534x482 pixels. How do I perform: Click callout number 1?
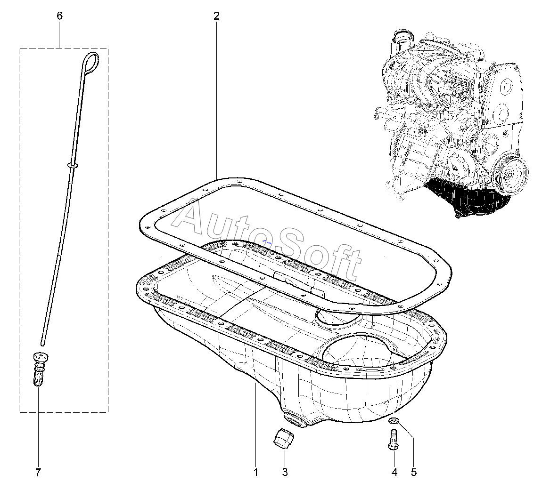click(x=256, y=472)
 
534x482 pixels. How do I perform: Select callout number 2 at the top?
click(x=216, y=16)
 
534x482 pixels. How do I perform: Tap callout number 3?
click(x=285, y=472)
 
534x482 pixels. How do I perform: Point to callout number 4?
click(x=394, y=472)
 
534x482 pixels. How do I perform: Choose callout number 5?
click(x=414, y=472)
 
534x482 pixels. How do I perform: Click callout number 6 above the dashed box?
click(x=59, y=16)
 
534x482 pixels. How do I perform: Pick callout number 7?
click(x=38, y=472)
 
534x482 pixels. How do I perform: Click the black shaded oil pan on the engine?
click(x=467, y=198)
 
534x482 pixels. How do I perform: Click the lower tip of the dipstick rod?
click(x=43, y=342)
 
